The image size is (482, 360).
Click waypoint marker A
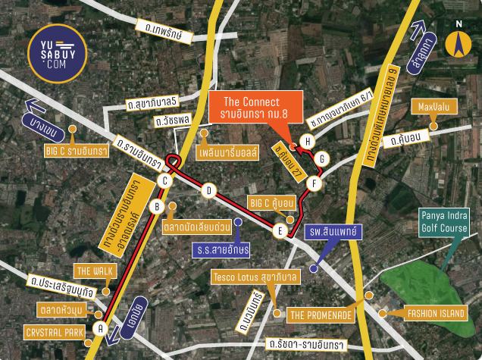99,328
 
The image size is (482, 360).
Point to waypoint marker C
164,180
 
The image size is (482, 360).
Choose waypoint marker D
208,191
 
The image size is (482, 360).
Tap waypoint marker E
280,231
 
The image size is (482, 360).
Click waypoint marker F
316,183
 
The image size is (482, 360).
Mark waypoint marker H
307,141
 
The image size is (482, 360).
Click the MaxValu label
427,107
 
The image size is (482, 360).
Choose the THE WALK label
95,270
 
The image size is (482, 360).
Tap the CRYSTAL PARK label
54,332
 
